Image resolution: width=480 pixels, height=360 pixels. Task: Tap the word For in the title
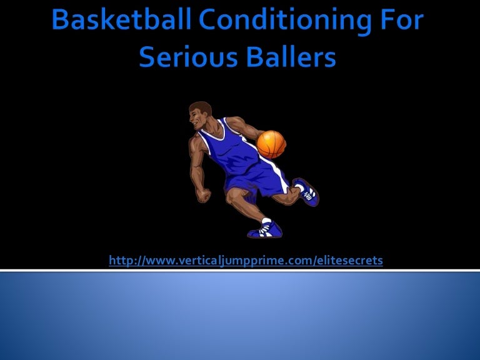tap(398, 21)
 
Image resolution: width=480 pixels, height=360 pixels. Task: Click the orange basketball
tap(271, 144)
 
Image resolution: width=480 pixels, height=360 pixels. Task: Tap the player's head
tap(201, 116)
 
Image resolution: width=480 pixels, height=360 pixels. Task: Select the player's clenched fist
tap(203, 194)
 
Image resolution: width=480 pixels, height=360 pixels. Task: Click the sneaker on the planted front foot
tap(265, 231)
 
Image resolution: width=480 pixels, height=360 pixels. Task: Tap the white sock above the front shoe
tap(266, 221)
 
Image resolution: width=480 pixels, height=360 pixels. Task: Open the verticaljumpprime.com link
tap(245, 260)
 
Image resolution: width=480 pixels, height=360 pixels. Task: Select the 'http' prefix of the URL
tap(119, 260)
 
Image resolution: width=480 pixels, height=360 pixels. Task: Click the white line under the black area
tap(240, 270)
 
